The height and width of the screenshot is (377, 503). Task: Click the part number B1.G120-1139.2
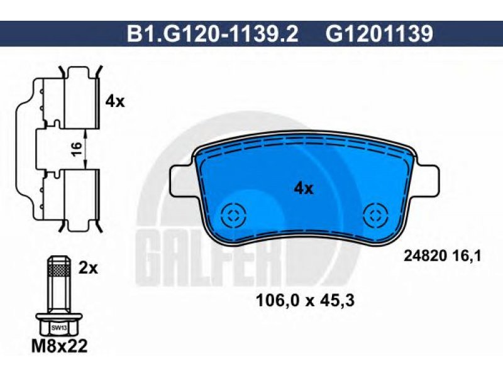point(213,34)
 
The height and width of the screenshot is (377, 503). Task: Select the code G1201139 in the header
point(380,34)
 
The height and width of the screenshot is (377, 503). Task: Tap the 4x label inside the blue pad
point(304,189)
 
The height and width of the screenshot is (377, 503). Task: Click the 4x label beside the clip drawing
point(115,102)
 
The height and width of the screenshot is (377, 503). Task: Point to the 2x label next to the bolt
point(88,268)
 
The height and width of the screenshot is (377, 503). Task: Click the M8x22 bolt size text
point(60,346)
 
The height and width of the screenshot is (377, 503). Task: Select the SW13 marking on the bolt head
point(57,327)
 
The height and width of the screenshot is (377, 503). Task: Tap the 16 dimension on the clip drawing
point(76,149)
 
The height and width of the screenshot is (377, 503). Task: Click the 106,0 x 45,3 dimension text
point(305,301)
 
